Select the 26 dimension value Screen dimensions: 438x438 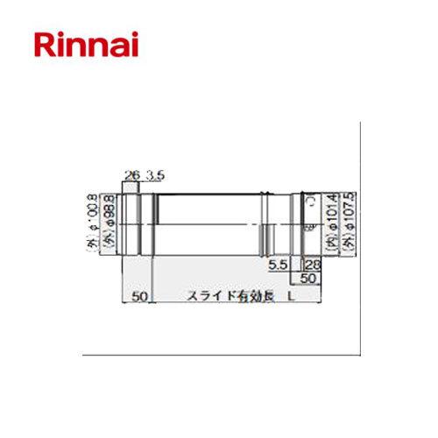[x=132, y=176]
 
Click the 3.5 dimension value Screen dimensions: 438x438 [x=152, y=176]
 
